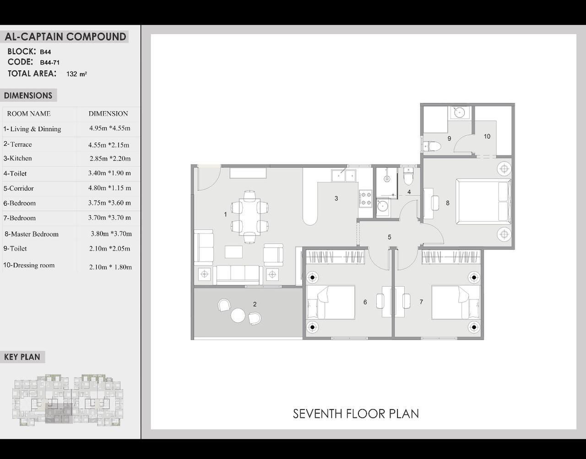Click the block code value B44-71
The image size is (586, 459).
[49, 63]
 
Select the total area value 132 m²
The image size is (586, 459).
[76, 74]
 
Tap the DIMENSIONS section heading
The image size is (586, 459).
[28, 96]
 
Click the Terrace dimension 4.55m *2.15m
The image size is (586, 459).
[109, 145]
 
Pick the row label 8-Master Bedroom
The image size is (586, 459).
[32, 234]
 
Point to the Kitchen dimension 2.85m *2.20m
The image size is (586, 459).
[110, 159]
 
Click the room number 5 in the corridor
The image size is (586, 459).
[390, 237]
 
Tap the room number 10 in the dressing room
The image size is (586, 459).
[487, 137]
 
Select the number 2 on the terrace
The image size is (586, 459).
[255, 304]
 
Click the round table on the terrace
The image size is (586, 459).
[238, 315]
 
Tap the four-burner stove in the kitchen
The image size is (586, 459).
[365, 199]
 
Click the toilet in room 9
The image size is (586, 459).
[431, 146]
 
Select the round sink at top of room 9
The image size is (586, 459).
[459, 112]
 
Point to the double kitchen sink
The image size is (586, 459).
[343, 176]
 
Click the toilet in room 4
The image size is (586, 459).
[408, 176]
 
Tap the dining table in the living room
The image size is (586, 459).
[250, 217]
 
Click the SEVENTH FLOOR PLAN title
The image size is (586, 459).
[356, 414]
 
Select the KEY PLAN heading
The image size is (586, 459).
[22, 357]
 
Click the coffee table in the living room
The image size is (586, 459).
[233, 252]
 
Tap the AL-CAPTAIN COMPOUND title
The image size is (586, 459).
[65, 37]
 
